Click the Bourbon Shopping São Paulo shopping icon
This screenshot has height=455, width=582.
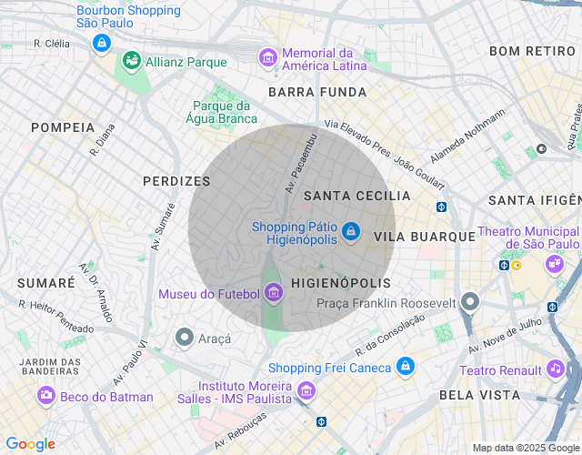(102, 43)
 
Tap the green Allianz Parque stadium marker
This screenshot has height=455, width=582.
(132, 62)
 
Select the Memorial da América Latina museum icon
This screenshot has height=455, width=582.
(268, 58)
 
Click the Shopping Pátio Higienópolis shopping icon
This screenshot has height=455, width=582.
(351, 233)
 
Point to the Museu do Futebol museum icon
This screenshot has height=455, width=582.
(274, 293)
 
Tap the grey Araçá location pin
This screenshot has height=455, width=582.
(185, 339)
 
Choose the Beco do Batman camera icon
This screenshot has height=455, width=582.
(45, 396)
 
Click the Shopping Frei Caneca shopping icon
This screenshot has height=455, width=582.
(406, 368)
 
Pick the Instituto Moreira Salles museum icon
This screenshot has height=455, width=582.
(306, 391)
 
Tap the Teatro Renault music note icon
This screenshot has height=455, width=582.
(555, 369)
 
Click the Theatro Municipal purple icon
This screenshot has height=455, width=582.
(554, 265)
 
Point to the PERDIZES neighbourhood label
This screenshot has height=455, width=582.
(176, 181)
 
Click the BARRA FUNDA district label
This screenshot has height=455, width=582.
(317, 92)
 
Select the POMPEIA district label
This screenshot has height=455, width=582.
(63, 127)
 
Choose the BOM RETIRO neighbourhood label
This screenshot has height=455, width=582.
(532, 51)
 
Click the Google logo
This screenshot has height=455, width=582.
(30, 444)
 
